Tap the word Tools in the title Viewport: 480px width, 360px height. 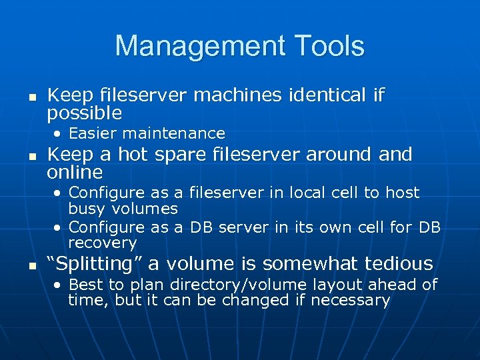click(x=325, y=46)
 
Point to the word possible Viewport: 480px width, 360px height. click(x=84, y=113)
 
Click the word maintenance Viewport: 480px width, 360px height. click(x=181, y=133)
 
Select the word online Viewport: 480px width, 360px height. click(x=75, y=173)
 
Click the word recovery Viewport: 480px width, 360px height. click(x=102, y=243)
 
